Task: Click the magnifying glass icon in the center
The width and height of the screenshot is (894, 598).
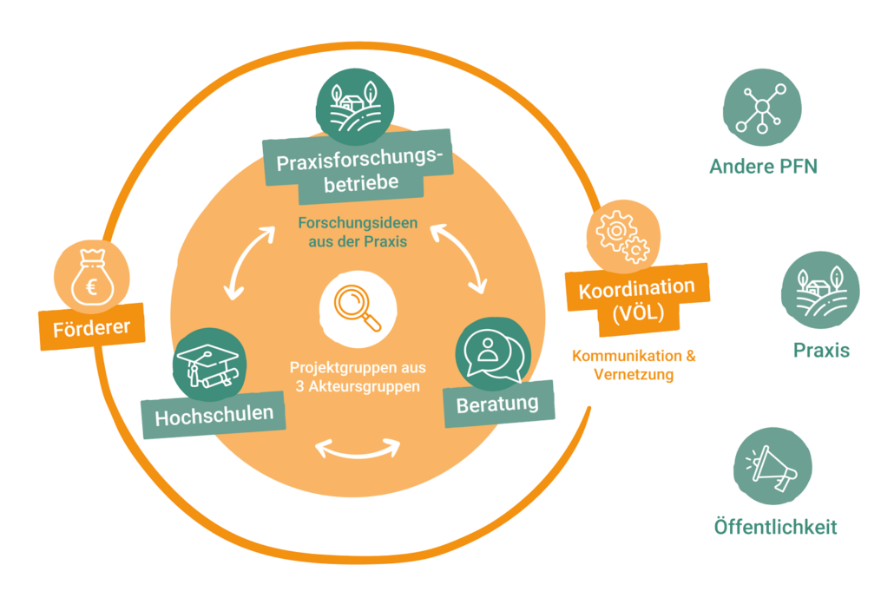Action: tap(358, 308)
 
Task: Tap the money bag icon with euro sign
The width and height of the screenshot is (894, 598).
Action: tap(92, 278)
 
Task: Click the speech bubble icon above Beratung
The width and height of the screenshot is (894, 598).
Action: tap(493, 355)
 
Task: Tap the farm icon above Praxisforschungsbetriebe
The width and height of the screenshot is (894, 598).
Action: tap(355, 107)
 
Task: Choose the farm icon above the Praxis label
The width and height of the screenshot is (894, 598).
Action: tap(820, 290)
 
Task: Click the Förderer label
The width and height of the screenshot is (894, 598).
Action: tap(92, 328)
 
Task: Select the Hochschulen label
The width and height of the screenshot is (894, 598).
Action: tap(214, 415)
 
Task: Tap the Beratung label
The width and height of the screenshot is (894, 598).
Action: tap(497, 404)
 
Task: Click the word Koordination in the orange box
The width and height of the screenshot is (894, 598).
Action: tap(637, 288)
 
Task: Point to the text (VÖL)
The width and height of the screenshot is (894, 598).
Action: tap(639, 313)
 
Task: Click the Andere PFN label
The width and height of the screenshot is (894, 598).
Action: tap(764, 166)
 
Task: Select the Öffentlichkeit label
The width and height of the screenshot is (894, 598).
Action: tap(775, 526)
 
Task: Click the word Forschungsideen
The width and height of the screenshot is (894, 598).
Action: tap(358, 222)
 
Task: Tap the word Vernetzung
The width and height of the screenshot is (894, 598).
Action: tap(634, 375)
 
